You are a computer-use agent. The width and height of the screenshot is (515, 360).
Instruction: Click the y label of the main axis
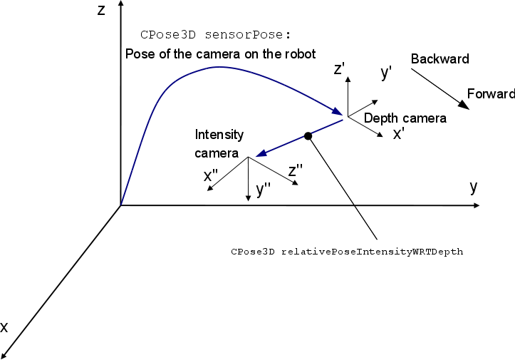tap(473, 187)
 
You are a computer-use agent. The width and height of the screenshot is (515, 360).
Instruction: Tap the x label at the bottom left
tap(4, 327)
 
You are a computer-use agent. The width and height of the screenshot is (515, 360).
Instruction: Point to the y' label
tap(387, 72)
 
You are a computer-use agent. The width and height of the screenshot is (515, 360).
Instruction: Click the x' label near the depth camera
tap(399, 133)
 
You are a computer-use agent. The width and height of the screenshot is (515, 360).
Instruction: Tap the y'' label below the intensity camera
tap(263, 189)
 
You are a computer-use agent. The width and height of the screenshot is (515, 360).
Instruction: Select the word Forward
tap(490, 94)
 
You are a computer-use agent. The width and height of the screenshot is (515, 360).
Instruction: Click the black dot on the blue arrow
tap(308, 135)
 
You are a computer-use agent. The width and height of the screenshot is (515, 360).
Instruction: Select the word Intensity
tap(219, 135)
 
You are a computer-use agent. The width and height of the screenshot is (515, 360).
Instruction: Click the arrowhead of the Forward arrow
tap(464, 106)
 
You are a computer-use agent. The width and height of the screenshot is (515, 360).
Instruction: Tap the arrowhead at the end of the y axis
tap(475, 206)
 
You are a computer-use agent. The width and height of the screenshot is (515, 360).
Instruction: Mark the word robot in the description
tap(299, 54)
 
